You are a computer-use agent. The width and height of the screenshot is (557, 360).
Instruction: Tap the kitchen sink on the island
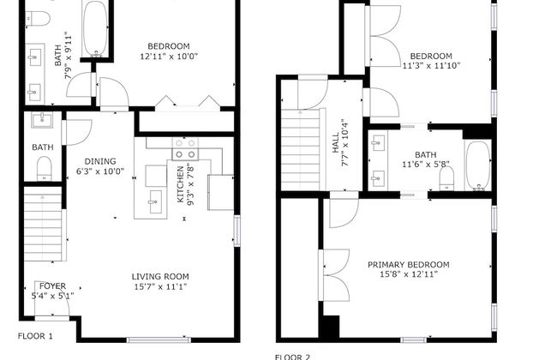coord(154,204)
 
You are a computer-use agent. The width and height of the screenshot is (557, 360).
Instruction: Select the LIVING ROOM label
coord(160,276)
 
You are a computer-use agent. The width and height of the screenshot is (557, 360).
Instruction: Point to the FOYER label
coord(51,285)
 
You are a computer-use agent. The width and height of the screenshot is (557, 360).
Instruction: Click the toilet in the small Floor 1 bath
coord(45,167)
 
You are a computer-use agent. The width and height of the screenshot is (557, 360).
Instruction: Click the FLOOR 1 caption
coord(35,336)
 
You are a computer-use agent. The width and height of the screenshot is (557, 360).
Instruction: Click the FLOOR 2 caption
coord(292,356)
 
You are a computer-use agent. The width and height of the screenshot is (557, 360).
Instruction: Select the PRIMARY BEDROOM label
coord(408,265)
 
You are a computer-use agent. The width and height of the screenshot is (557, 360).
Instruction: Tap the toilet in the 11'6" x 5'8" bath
coord(446,177)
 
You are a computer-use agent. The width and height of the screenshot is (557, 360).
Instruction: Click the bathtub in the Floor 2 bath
coord(477,164)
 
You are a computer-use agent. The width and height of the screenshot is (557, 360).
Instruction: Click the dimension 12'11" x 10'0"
coord(169,57)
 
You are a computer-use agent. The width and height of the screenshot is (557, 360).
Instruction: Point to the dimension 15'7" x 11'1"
coord(160,287)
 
